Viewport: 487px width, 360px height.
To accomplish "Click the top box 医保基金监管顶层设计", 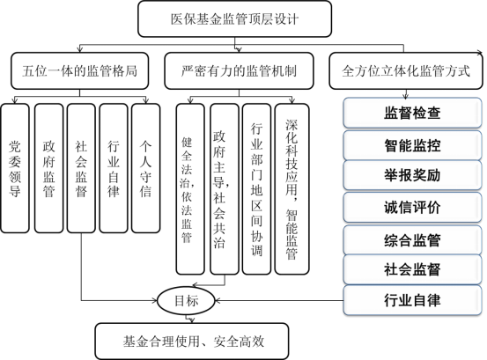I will pos(233,17).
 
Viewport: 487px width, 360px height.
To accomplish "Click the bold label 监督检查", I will pos(412,114).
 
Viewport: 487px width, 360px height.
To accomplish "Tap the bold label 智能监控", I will pos(412,144).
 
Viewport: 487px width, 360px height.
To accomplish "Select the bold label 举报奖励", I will pos(412,175).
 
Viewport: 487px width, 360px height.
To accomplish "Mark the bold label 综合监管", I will pos(412,239).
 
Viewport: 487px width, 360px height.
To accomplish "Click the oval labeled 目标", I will pos(186,302).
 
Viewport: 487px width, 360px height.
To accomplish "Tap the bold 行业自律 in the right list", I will pos(412,300).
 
